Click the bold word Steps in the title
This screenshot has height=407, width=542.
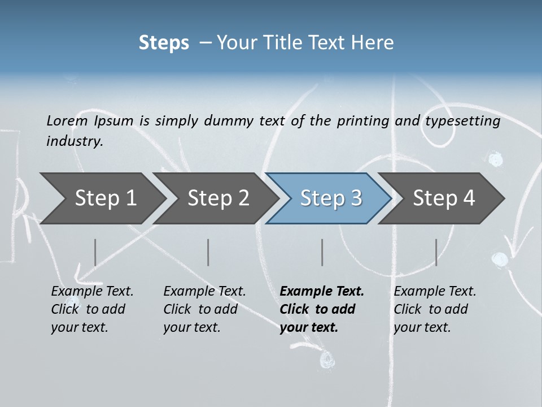coord(164,43)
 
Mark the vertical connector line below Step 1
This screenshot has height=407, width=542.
coord(95,252)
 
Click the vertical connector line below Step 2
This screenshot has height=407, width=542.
coord(208,252)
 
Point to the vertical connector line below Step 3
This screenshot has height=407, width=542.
coord(322,252)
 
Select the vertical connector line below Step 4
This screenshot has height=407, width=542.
coord(436,252)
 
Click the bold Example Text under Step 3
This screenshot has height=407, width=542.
coord(322,292)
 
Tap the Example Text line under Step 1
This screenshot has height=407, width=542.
coord(92,292)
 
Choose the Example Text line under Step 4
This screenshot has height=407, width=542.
coord(435,292)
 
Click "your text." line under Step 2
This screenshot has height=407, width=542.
coord(192,327)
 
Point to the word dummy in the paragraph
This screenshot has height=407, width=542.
coord(228,121)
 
